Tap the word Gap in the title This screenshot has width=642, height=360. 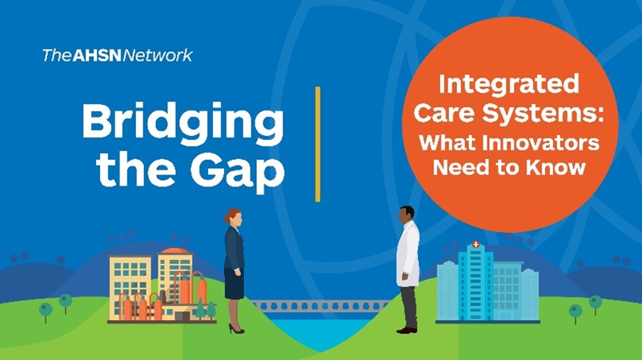tap(238, 170)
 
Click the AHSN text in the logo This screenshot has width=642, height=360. tap(97, 55)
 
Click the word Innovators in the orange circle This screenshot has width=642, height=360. tap(540, 142)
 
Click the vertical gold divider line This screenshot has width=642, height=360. tap(318, 144)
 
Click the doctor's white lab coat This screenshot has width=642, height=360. tap(408, 254)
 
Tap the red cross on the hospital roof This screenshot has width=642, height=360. tap(475, 244)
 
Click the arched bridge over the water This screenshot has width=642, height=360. tap(319, 306)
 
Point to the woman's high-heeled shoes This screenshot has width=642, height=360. tap(236, 329)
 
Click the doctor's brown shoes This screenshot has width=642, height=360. tap(407, 330)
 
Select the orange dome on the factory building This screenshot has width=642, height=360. tap(175, 250)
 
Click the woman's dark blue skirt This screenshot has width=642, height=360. tap(235, 283)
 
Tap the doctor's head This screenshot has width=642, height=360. tap(407, 214)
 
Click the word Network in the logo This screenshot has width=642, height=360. tap(158, 55)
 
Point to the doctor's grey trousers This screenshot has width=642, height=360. tap(408, 307)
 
